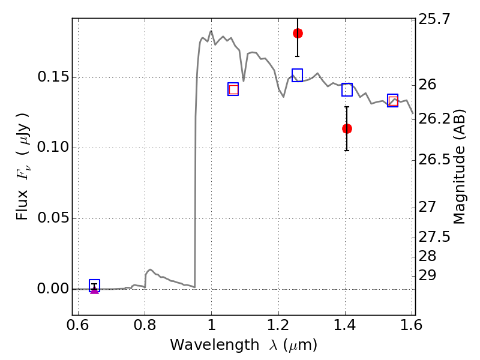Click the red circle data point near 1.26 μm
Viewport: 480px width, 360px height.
pos(298,33)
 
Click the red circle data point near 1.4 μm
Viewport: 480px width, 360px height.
pos(347,128)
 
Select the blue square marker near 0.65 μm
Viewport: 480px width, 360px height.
pos(94,285)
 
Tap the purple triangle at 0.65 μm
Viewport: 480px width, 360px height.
pos(94,290)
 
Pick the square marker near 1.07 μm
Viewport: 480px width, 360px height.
pos(233,89)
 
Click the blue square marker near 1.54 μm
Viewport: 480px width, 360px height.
pos(393,100)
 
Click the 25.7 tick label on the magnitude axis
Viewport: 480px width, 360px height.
pos(436,20)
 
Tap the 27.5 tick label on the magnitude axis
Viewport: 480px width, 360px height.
pos(436,237)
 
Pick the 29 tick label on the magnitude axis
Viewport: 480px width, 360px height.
pos(428,276)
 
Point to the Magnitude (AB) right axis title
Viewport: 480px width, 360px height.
pos(460,167)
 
